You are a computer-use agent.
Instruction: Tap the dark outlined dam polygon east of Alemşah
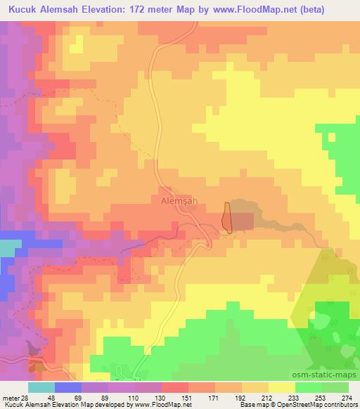coord(227,217)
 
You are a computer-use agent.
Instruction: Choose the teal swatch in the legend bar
coord(41,387)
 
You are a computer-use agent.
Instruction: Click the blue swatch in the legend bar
coord(68,387)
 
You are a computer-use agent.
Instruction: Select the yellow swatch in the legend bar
coord(281,387)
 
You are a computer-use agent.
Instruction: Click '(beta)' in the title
coord(337,11)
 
